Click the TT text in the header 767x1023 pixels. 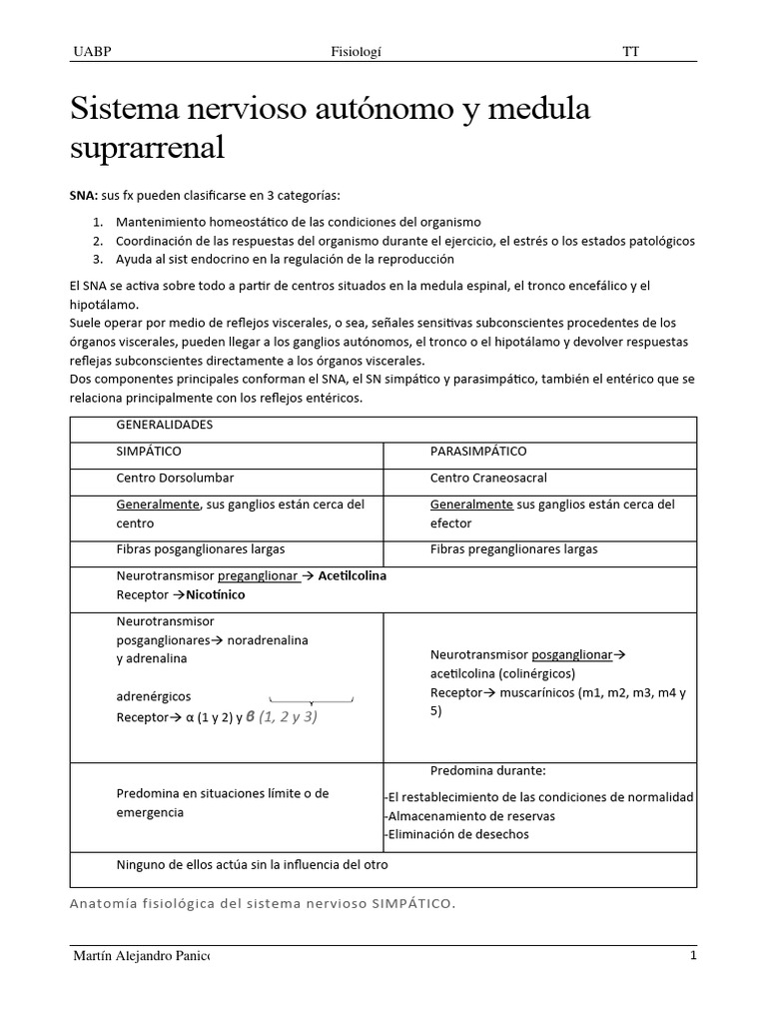[x=630, y=51]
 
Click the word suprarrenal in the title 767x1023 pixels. [x=148, y=148]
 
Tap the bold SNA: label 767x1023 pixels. [x=84, y=195]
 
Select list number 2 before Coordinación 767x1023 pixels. [x=98, y=241]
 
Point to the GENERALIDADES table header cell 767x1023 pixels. [x=165, y=425]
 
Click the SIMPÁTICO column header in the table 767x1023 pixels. [x=149, y=452]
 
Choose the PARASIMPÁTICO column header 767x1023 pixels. [x=478, y=452]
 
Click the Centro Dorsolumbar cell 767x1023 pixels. [x=173, y=479]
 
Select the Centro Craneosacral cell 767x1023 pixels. [x=488, y=479]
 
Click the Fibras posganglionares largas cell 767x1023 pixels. [x=201, y=549]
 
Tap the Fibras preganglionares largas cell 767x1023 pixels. [x=514, y=549]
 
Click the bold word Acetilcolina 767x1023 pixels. [x=353, y=576]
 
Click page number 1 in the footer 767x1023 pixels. [x=692, y=956]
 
